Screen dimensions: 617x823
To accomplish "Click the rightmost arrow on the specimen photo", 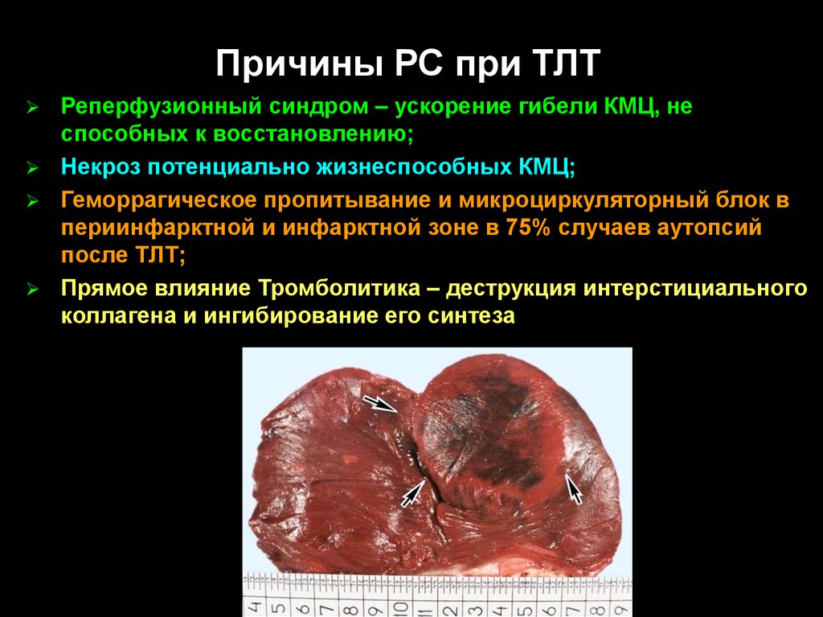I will (573, 488).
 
